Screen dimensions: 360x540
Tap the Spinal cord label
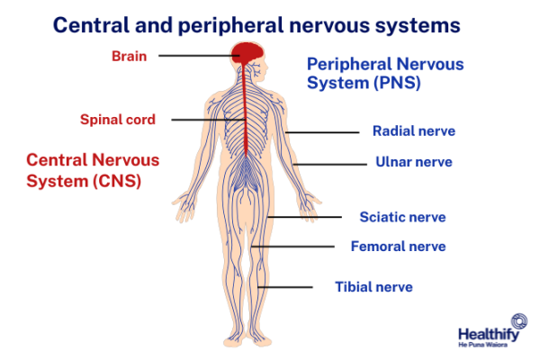118,119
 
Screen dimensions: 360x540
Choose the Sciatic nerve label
402,217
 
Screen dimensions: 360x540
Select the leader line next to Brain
193,56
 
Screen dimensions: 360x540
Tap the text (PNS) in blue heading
400,84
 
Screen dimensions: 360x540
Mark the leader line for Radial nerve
322,132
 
